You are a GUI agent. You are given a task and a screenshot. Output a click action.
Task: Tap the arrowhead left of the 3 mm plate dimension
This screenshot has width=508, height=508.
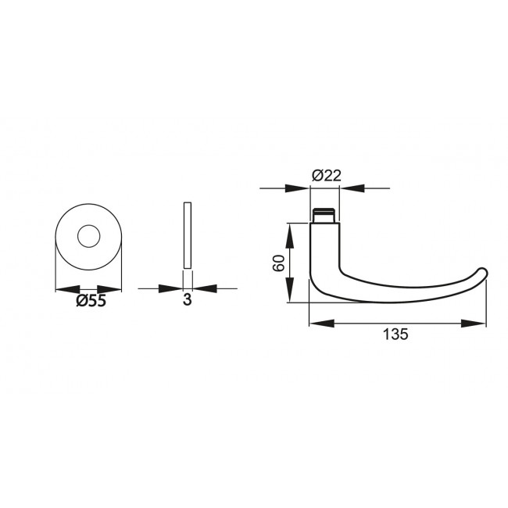[174, 288]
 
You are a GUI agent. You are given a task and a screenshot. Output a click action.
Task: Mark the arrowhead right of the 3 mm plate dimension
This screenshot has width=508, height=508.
[201, 288]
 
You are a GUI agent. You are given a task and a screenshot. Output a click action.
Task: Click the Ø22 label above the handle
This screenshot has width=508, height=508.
[326, 176]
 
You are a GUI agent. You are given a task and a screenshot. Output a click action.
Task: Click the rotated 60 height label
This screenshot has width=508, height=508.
[278, 263]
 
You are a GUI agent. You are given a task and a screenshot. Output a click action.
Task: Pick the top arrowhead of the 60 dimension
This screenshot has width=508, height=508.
[290, 232]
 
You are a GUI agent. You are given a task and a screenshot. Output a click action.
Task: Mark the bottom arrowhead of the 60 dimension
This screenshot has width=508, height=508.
[290, 293]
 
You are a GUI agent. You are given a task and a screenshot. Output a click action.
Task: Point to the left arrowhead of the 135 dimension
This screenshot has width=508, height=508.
[320, 322]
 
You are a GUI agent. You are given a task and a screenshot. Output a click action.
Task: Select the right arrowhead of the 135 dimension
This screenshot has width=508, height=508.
[476, 322]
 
